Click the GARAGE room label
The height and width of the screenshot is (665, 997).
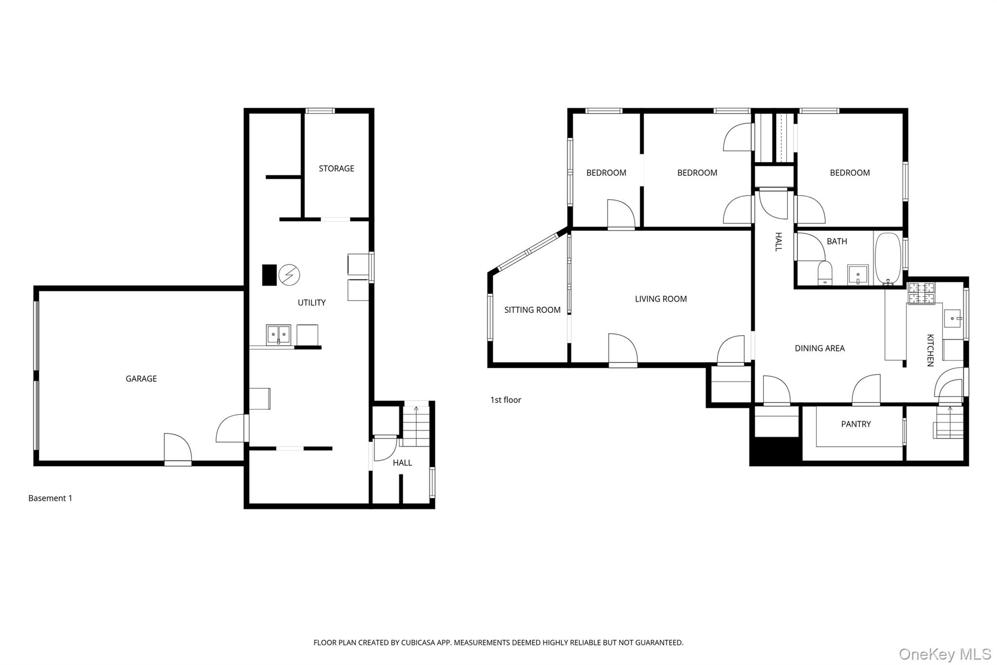click(x=141, y=379)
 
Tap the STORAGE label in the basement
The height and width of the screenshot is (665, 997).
click(x=336, y=169)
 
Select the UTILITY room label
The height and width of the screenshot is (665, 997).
click(x=312, y=303)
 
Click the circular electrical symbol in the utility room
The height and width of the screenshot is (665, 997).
click(x=289, y=275)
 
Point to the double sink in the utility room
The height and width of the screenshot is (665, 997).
click(x=278, y=335)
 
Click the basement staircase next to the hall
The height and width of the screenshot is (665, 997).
click(x=416, y=426)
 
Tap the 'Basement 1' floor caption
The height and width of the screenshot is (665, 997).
click(x=50, y=498)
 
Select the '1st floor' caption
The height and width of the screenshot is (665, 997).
click(x=505, y=400)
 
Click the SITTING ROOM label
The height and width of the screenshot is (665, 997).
click(x=532, y=310)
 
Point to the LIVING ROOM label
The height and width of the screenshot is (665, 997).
click(x=661, y=299)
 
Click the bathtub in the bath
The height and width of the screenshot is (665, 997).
click(x=888, y=258)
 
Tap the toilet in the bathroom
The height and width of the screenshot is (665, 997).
click(x=825, y=273)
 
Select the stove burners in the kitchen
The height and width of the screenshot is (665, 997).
click(x=922, y=293)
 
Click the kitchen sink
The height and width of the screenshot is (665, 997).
click(x=952, y=318)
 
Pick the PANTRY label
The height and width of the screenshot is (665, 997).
click(x=856, y=424)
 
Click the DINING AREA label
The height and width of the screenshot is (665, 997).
click(x=820, y=348)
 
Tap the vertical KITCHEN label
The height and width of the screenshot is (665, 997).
click(x=930, y=350)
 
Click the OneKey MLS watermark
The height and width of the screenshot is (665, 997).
click(x=945, y=654)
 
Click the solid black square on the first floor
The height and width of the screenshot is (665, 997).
click(x=775, y=451)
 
